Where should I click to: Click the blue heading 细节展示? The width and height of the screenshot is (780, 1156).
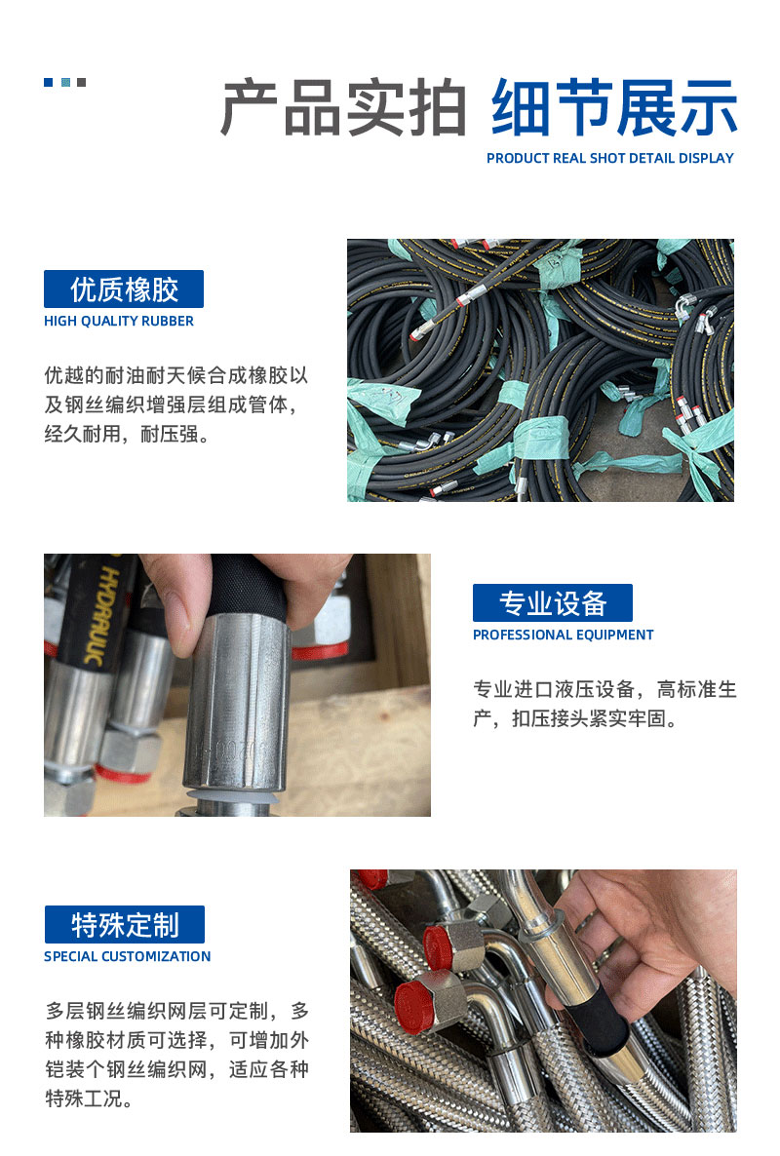[x=613, y=107]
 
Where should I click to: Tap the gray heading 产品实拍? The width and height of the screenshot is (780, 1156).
[x=343, y=107]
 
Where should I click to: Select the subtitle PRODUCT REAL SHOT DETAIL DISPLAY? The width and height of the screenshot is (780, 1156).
[x=609, y=158]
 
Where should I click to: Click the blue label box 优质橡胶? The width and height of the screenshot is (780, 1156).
[x=124, y=289]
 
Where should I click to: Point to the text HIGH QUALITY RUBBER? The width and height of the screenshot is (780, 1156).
[x=119, y=321]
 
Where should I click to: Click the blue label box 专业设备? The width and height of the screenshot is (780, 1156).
[x=552, y=603]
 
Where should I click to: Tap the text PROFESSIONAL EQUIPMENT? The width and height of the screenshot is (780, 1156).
[x=564, y=635]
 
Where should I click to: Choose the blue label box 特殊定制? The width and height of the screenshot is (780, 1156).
[x=125, y=924]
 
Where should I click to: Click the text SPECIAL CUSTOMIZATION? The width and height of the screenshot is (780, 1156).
[x=128, y=956]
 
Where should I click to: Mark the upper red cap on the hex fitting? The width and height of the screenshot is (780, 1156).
[x=439, y=945]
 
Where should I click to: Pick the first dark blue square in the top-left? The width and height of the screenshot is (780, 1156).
[x=49, y=83]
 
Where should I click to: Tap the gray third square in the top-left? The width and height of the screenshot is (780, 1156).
[x=81, y=83]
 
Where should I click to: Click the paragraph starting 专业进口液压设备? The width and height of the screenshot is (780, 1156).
[x=604, y=704]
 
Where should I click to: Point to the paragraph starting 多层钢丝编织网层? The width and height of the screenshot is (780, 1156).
[x=176, y=1055]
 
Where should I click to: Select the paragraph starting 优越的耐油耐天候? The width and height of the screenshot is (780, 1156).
[x=176, y=405]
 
